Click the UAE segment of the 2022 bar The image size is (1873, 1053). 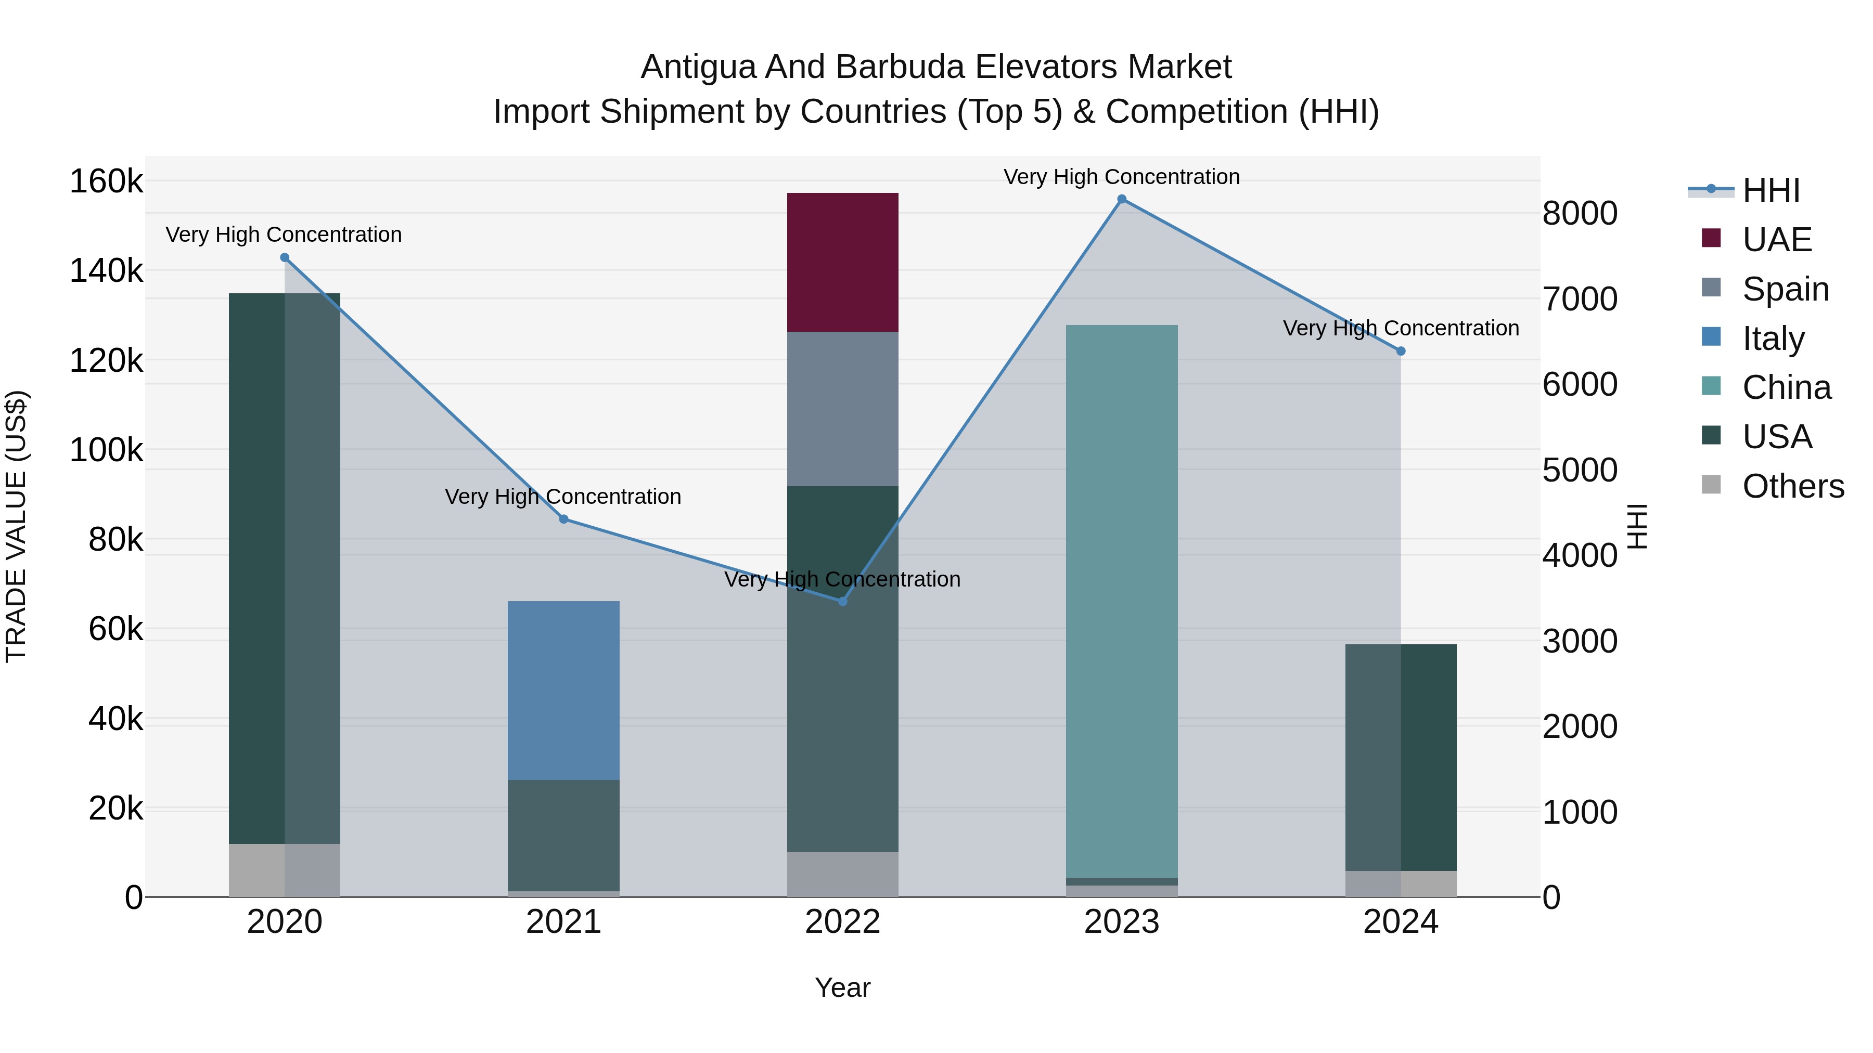(x=843, y=263)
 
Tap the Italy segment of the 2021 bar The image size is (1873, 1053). (x=563, y=691)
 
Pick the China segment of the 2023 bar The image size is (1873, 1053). (x=1122, y=601)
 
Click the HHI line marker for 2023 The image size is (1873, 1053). (x=1122, y=199)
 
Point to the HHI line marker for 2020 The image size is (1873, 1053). (x=284, y=258)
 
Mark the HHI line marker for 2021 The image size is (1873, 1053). (x=563, y=519)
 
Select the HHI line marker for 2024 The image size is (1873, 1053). (x=1401, y=351)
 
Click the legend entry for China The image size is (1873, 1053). (x=1786, y=387)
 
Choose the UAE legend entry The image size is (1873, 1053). (x=1776, y=240)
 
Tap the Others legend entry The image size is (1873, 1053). (x=1792, y=486)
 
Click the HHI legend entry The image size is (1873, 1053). (x=1771, y=190)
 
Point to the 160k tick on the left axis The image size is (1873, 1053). (x=106, y=181)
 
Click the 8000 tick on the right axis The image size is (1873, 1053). (x=1580, y=214)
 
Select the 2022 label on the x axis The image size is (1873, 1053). (x=843, y=922)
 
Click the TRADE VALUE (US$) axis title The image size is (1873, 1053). (x=16, y=526)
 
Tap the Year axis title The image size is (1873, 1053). (x=843, y=987)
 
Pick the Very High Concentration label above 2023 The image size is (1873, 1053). (x=1122, y=177)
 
